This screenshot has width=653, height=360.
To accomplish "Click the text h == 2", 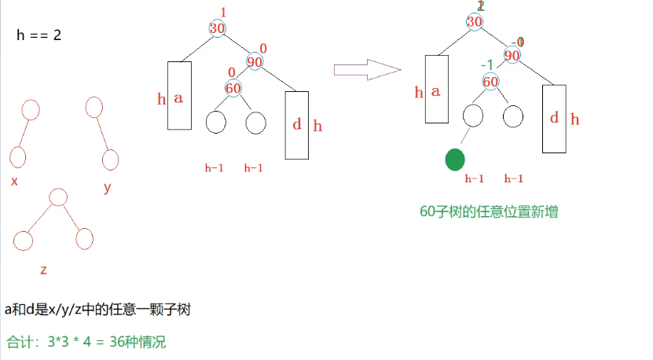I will [39, 36].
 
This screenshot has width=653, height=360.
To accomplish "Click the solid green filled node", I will [455, 160].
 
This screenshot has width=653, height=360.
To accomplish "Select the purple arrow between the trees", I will [368, 70].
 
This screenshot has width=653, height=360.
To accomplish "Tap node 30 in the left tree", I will [218, 28].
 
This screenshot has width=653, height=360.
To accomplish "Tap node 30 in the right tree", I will [475, 22].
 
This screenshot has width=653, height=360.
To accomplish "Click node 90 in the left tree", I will [255, 62].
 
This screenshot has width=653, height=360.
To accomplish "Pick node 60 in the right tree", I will [490, 82].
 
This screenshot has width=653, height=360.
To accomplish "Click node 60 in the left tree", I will [233, 88].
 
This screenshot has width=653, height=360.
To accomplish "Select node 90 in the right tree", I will [512, 55].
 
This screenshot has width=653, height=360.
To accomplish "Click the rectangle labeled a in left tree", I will [179, 96].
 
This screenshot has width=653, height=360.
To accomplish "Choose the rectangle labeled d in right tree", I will [554, 119].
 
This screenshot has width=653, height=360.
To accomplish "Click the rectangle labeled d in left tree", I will [296, 125].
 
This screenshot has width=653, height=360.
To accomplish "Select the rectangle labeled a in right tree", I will [436, 89].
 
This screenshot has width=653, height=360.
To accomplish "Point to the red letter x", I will [14, 182].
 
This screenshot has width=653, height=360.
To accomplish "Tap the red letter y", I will [107, 187].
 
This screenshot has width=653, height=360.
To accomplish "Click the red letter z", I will [43, 270].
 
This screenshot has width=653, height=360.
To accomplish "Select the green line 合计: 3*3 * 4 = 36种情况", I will [86, 343].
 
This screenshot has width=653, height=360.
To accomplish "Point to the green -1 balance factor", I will [488, 64].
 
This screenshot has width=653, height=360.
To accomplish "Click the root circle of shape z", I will [57, 197].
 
